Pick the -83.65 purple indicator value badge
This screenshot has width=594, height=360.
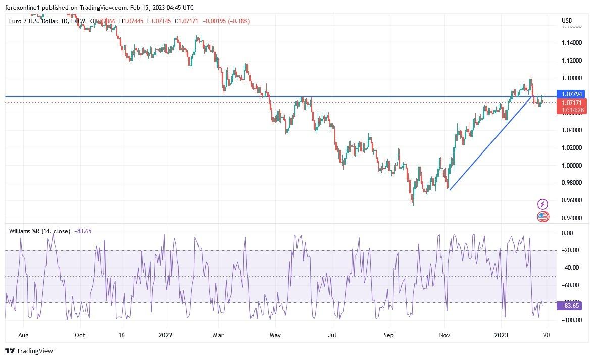[x=569, y=305]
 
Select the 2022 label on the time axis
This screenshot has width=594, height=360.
[x=165, y=335]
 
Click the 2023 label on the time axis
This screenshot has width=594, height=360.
[x=501, y=335]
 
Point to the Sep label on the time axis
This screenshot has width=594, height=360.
[x=388, y=335]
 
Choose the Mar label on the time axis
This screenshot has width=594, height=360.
[x=218, y=335]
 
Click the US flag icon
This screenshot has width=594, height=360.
[x=542, y=217]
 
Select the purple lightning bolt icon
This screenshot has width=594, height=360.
[x=542, y=204]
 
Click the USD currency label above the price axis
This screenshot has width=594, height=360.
[x=567, y=21]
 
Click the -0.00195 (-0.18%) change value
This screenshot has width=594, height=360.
[x=226, y=21]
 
